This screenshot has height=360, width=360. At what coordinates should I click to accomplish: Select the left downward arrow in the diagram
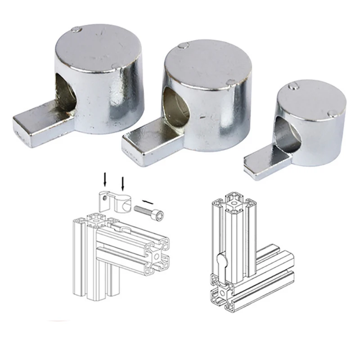[x=105, y=179]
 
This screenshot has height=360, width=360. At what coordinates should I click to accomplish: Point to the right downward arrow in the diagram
[x=122, y=182]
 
